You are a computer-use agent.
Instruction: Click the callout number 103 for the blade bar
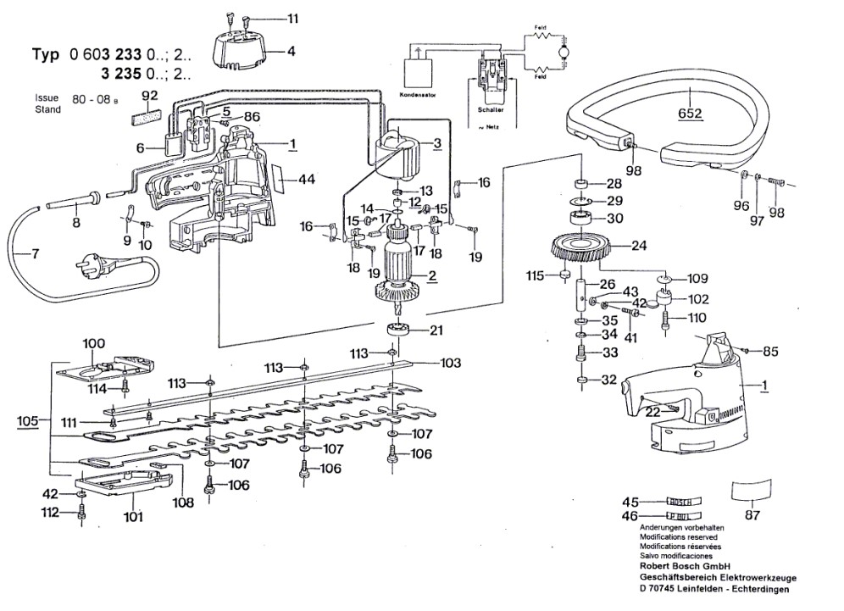[x=451, y=363]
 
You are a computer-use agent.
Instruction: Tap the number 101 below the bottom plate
[x=134, y=516]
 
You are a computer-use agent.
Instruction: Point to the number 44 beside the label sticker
[x=306, y=179]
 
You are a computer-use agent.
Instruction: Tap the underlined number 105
[x=28, y=419]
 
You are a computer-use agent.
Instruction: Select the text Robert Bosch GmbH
[x=686, y=566]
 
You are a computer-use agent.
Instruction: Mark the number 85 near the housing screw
[x=770, y=350]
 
